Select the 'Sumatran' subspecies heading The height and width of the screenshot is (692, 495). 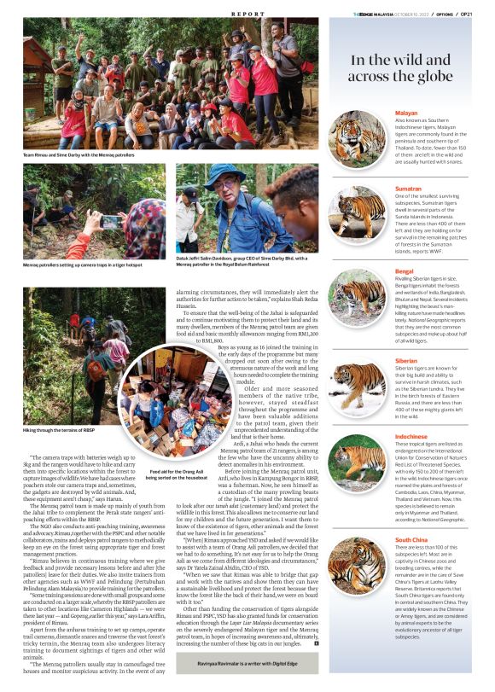click(x=410, y=188)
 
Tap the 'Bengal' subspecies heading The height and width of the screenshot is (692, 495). click(x=404, y=271)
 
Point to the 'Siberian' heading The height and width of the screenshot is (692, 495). click(x=406, y=361)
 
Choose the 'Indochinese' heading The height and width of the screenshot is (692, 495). click(x=411, y=436)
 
